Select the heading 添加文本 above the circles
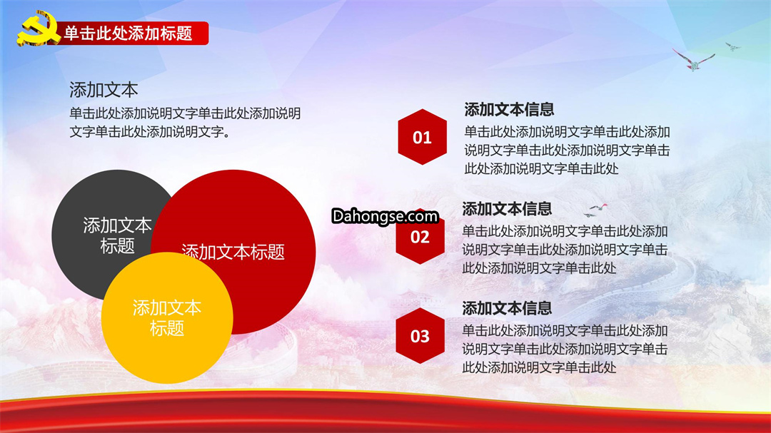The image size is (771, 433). [104, 90]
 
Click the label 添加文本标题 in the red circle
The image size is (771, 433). [233, 252]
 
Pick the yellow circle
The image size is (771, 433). [167, 317]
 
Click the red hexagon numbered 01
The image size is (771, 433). [423, 137]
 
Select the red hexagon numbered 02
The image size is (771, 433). [420, 237]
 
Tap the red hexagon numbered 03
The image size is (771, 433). [420, 336]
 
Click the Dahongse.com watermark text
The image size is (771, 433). [385, 216]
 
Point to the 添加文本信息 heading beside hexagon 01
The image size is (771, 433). [509, 109]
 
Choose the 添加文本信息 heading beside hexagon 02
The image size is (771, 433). [507, 209]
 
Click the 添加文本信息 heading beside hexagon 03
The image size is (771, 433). [507, 308]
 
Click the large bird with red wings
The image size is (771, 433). [693, 60]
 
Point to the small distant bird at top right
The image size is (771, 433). [732, 46]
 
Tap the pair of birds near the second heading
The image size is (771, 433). [595, 210]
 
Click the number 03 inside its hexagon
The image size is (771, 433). [420, 336]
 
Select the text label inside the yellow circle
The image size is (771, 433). [167, 317]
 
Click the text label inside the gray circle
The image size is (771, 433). [117, 235]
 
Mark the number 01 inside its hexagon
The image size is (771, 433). [423, 138]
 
